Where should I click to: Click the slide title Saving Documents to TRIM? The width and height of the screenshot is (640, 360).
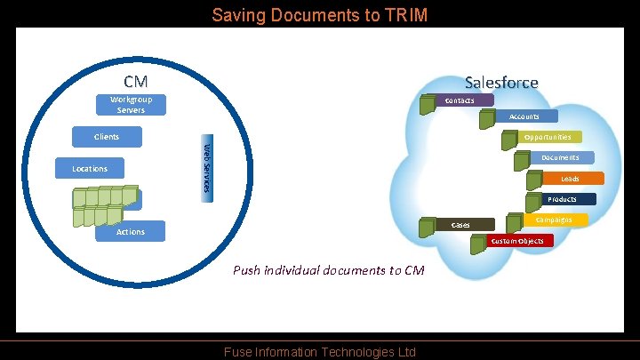click(x=319, y=15)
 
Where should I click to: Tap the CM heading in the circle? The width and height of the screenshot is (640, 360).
click(x=135, y=82)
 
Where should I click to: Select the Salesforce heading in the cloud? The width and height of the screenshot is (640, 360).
click(x=501, y=82)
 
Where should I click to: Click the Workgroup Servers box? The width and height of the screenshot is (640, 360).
click(x=131, y=105)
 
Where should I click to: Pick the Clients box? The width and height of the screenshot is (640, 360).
click(x=107, y=137)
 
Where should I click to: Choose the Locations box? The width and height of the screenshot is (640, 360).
click(x=89, y=168)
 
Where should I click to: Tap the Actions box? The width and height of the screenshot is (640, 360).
click(x=130, y=232)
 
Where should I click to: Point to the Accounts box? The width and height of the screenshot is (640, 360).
click(x=524, y=116)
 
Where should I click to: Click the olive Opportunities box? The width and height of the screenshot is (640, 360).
click(x=548, y=137)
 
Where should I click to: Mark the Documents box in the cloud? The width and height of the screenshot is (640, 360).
click(x=560, y=157)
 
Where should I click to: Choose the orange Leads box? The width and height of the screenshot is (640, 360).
click(x=569, y=179)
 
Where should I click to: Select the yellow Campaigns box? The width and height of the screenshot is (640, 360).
click(x=554, y=219)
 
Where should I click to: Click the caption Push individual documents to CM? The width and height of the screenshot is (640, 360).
click(x=328, y=269)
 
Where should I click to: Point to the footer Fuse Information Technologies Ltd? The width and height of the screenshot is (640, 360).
click(x=319, y=352)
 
